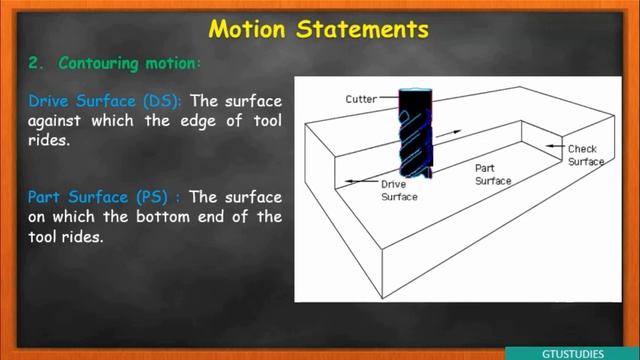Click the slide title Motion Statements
pos(319,28)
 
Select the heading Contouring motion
pos(129,63)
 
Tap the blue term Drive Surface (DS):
pos(105,101)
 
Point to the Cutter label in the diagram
pos(361,99)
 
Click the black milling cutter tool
pos(415,135)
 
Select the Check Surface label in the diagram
pos(585,155)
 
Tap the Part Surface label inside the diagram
pos(492,175)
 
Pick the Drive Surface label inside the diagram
pos(398,189)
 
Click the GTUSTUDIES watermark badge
pos(571,352)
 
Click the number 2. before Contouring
pos(38,63)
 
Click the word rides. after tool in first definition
pos(49,141)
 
